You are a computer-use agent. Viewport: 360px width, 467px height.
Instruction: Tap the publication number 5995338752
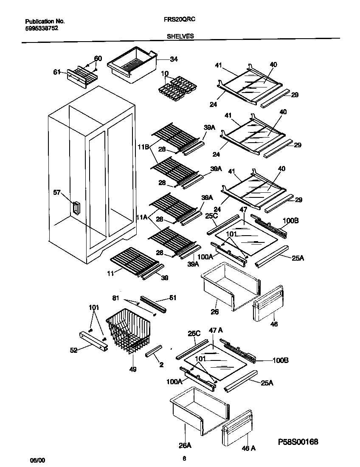[42, 28]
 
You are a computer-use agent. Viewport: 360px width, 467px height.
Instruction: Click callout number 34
[162, 59]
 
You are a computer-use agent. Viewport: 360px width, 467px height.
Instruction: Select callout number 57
[57, 192]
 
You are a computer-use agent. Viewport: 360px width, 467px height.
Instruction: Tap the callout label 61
[57, 72]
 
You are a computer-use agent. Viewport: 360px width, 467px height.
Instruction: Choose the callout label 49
[133, 369]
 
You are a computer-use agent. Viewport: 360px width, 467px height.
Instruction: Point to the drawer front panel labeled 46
[269, 304]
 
